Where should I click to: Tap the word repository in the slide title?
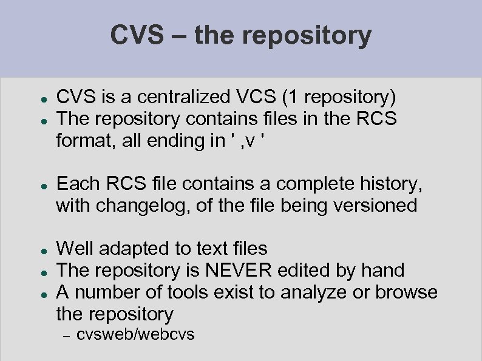307,36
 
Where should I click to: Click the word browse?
406,292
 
